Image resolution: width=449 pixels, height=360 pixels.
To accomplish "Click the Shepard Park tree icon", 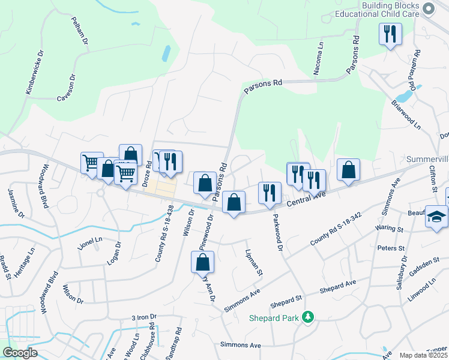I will pos(308,316).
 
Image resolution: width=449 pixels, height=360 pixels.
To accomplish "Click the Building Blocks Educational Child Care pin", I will pos(428,9).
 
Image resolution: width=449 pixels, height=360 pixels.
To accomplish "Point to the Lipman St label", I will pos(254,262).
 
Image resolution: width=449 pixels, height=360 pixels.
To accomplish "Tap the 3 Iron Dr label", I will pos(144,316).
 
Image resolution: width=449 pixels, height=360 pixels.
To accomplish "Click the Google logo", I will pos(20,353).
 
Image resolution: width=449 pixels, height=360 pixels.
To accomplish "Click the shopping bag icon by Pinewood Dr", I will pos(203,262).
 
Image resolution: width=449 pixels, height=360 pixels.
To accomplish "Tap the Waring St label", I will pos(391,229).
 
